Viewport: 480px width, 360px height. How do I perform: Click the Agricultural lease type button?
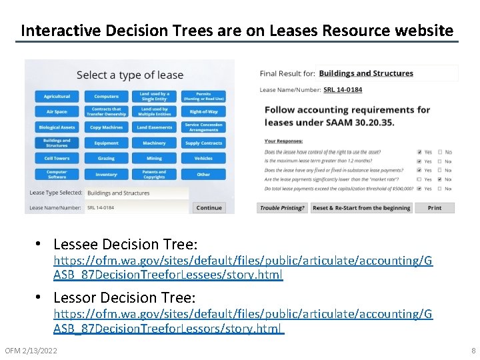coord(57,97)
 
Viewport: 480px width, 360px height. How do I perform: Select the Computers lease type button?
coord(106,97)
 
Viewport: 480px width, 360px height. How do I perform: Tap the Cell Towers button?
coord(57,159)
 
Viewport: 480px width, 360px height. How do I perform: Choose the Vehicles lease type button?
coord(203,159)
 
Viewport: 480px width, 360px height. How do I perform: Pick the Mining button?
coord(154,159)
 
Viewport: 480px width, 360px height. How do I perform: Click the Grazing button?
coord(106,159)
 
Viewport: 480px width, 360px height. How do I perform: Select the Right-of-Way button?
coord(203,112)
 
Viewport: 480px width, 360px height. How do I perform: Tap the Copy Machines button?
coord(106,127)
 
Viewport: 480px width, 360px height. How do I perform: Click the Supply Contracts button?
coord(203,143)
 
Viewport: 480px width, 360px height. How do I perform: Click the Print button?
coord(434,208)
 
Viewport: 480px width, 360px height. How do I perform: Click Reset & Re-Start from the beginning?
coord(361,208)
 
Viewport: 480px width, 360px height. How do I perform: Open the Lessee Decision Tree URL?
coord(243,268)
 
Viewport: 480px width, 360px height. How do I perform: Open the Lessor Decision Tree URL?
coord(243,321)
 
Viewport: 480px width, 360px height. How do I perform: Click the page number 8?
coord(473,351)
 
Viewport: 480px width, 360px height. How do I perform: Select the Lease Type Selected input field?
coord(137,193)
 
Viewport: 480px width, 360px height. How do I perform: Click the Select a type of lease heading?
coord(129,75)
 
